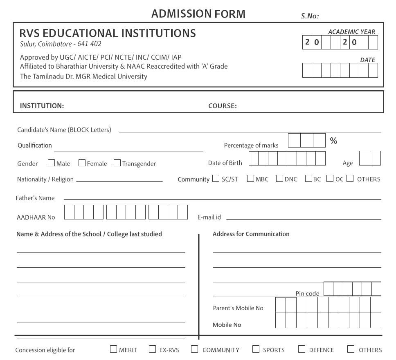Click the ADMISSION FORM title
(x=198, y=14)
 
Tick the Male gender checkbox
(x=52, y=163)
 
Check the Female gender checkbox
(x=82, y=163)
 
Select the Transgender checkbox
(x=117, y=163)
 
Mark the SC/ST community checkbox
(x=216, y=179)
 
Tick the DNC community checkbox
(x=279, y=179)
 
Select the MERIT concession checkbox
(x=113, y=349)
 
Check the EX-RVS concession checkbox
(x=152, y=349)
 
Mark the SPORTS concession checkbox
(x=256, y=349)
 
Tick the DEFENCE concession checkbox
(x=302, y=349)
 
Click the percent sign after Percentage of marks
(x=333, y=141)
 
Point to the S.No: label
(x=310, y=16)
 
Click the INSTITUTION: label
(x=42, y=106)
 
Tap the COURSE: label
(x=223, y=106)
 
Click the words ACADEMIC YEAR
(x=352, y=32)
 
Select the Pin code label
(x=307, y=293)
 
